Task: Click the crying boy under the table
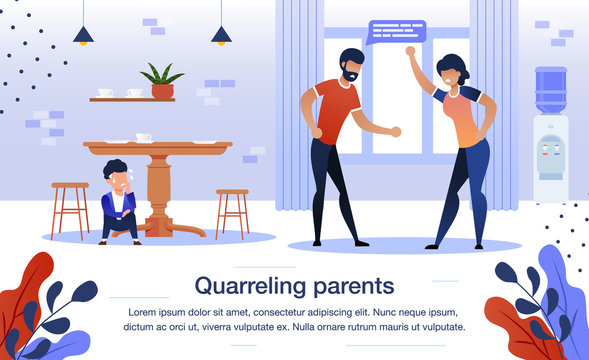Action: pyautogui.click(x=118, y=199)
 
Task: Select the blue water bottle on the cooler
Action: pyautogui.click(x=550, y=90)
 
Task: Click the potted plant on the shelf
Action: pyautogui.click(x=161, y=81)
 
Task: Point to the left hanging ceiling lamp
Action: pyautogui.click(x=84, y=35)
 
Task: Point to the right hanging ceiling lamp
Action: pyautogui.click(x=221, y=35)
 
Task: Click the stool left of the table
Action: pyautogui.click(x=70, y=207)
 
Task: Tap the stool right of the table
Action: pyautogui.click(x=232, y=211)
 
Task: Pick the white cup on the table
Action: pyautogui.click(x=143, y=137)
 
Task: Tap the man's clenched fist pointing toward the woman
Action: pyautogui.click(x=395, y=131)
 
